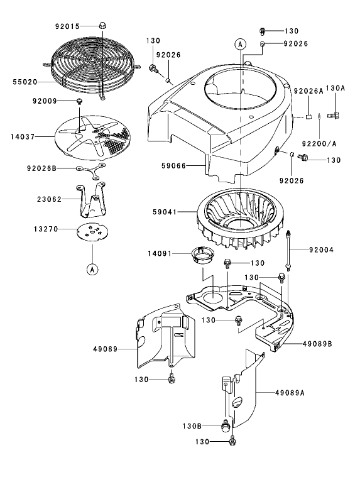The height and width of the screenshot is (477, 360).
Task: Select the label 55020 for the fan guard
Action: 25,82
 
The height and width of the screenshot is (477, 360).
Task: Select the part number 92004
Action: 321,249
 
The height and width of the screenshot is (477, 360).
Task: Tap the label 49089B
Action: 317,344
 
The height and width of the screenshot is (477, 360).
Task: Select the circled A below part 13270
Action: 92,269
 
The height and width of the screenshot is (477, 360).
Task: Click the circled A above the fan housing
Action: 239,43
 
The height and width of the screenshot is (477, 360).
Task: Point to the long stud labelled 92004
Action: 288,249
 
